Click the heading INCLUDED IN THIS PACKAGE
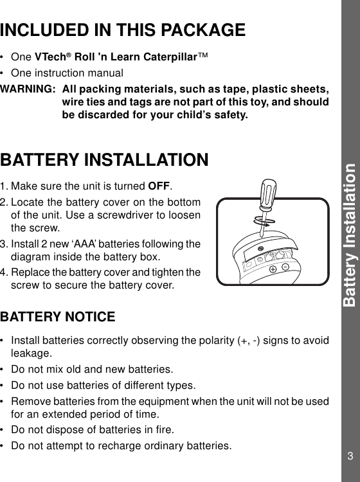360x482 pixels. coord(123,30)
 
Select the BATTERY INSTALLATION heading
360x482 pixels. coord(104,159)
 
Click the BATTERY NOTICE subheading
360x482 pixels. coord(58,317)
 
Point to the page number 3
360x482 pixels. coord(350,456)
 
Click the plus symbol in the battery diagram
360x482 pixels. coord(273,269)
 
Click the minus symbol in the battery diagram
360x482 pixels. coord(285,267)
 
